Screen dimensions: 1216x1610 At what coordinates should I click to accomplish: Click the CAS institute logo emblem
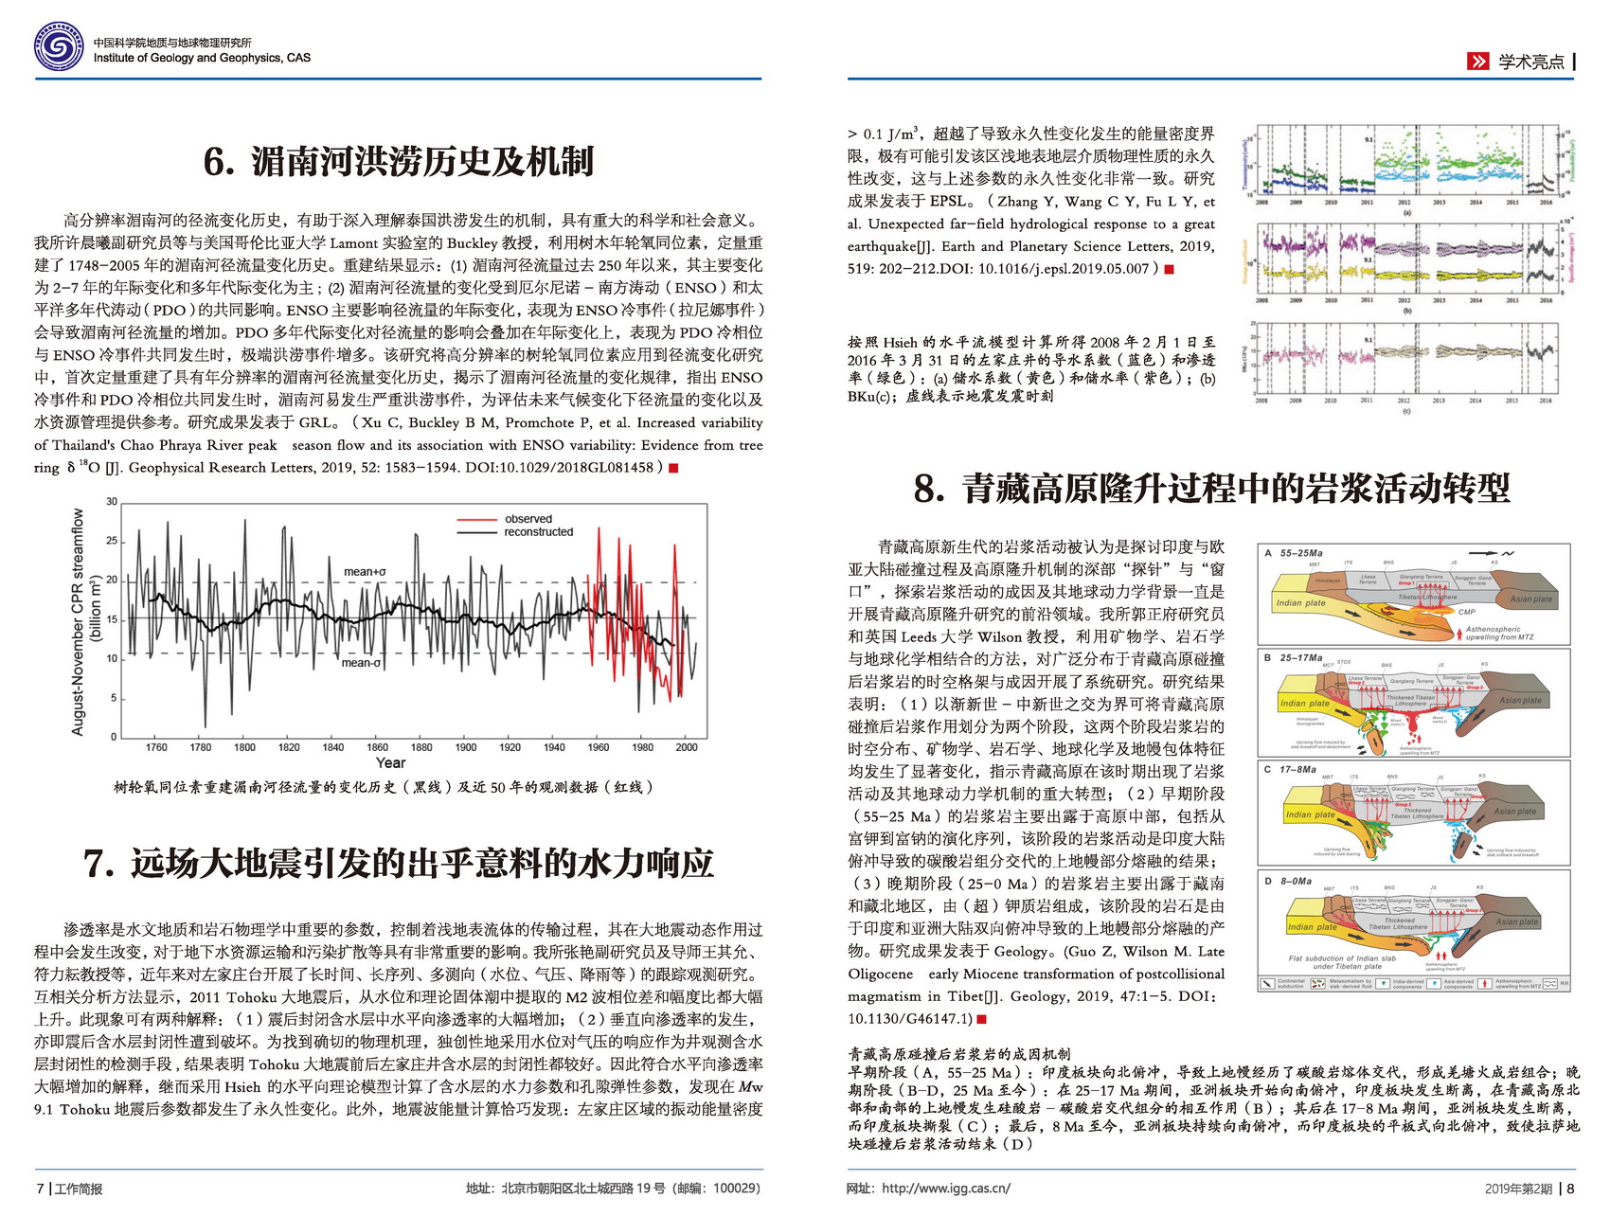(59, 47)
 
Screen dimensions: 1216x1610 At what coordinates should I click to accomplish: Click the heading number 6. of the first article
(219, 162)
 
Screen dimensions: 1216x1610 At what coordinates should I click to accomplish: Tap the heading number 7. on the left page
(99, 864)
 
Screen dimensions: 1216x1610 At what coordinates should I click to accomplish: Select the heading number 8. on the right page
(929, 489)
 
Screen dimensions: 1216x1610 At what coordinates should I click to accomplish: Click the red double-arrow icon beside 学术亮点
(1477, 62)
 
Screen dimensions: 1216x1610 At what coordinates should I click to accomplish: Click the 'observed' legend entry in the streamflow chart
(528, 519)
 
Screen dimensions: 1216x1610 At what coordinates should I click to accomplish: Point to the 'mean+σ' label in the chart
(365, 572)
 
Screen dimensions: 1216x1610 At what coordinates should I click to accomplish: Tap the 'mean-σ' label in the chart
(361, 663)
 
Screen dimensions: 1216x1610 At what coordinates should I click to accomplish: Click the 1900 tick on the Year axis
(466, 747)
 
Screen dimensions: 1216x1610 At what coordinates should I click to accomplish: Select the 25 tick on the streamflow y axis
(112, 541)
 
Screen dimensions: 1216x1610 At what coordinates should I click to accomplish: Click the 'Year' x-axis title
(390, 763)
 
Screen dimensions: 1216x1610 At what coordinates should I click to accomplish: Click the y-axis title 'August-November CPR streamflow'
(79, 621)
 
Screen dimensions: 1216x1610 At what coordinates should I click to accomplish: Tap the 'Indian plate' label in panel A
(1300, 603)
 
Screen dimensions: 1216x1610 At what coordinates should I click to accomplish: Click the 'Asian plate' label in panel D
(1517, 921)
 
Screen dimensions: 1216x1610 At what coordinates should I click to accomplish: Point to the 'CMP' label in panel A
(1466, 612)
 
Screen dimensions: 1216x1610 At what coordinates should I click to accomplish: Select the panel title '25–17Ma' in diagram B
(1300, 657)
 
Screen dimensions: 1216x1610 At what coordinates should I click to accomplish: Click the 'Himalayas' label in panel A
(1328, 581)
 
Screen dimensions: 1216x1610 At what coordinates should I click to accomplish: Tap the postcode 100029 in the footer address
(734, 1189)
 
